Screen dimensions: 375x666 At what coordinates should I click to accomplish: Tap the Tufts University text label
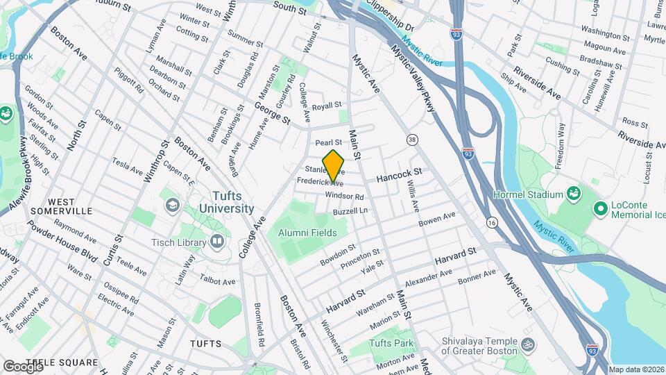(225, 202)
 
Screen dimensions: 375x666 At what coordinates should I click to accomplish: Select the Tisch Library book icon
(217, 242)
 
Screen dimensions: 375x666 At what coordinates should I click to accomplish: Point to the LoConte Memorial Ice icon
(600, 208)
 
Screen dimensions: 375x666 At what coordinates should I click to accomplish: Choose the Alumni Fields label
(307, 233)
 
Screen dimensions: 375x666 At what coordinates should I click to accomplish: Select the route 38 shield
(412, 140)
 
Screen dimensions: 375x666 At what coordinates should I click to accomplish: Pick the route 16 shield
(492, 222)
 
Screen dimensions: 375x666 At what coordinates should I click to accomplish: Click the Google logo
(23, 366)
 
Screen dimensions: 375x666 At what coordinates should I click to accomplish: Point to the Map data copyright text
(636, 369)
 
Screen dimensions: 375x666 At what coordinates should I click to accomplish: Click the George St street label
(271, 113)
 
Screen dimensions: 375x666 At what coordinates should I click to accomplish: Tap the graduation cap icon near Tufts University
(171, 206)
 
